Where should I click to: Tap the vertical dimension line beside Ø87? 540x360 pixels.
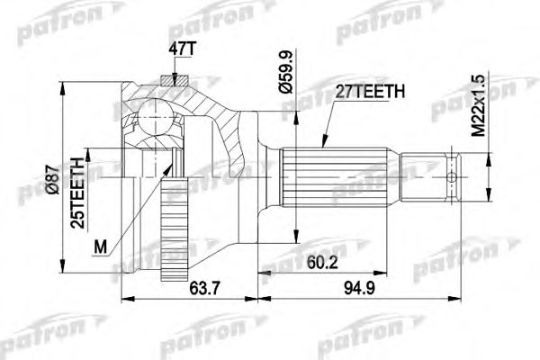click(x=61, y=180)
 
